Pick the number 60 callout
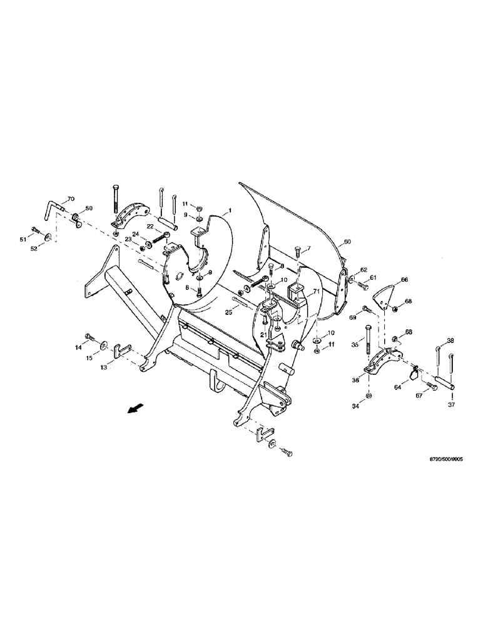click(x=347, y=241)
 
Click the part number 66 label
click(x=404, y=279)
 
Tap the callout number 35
click(x=355, y=344)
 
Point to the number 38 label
click(x=450, y=341)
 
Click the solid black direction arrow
click(x=151, y=409)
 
